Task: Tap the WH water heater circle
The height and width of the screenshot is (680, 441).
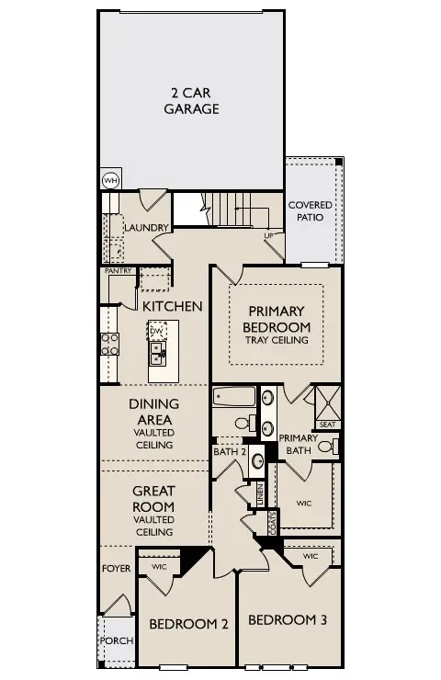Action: (110, 180)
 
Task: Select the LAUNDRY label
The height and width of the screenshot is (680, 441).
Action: (146, 228)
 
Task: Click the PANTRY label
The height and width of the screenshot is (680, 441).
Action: (118, 272)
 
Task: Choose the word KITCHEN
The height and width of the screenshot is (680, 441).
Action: (172, 306)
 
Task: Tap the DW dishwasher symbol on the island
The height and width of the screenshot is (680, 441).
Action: (155, 330)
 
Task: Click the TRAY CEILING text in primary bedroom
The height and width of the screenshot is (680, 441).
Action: (277, 341)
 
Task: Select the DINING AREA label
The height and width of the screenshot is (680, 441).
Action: (153, 412)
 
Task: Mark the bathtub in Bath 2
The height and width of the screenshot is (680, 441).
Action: (233, 398)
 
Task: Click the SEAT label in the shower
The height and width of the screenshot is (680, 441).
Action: (327, 425)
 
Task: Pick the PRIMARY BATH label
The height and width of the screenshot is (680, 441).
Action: (298, 444)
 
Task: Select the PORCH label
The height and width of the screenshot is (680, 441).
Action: (117, 640)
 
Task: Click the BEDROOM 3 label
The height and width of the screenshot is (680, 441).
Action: (288, 619)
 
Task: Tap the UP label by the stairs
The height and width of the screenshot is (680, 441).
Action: (269, 236)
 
